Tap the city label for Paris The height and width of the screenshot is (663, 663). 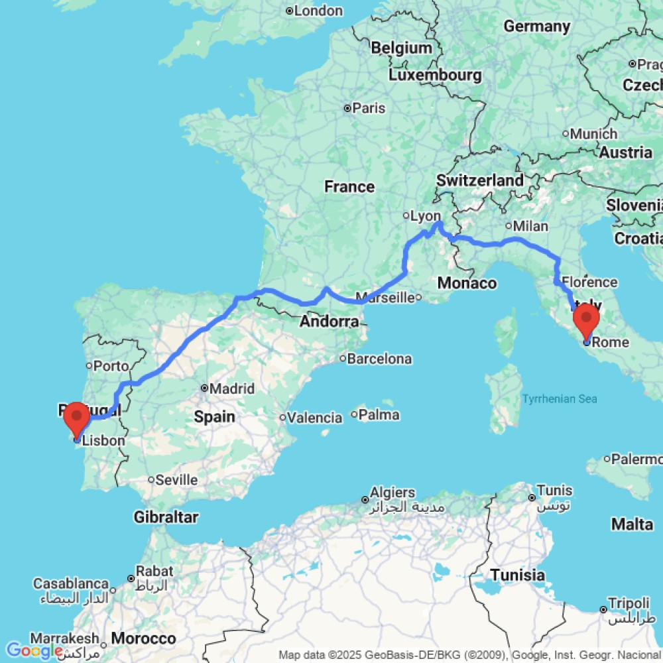pyautogui.click(x=369, y=108)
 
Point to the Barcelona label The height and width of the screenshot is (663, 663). pyautogui.click(x=380, y=359)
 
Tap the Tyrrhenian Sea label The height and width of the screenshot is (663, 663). pyautogui.click(x=560, y=398)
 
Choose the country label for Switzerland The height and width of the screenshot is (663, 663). pyautogui.click(x=480, y=180)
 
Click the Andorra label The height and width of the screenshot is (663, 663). pyautogui.click(x=329, y=322)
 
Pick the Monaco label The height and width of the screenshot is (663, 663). pyautogui.click(x=467, y=283)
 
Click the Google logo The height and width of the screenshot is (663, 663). pyautogui.click(x=34, y=650)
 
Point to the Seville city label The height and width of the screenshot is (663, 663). pyautogui.click(x=176, y=479)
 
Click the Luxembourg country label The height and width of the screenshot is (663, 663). pyautogui.click(x=435, y=75)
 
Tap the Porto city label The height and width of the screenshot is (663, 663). pyautogui.click(x=111, y=365)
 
